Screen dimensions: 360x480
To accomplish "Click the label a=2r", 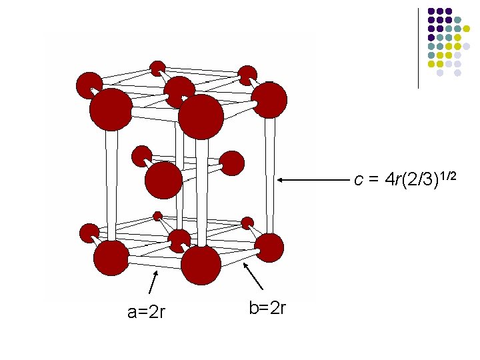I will click(147, 311).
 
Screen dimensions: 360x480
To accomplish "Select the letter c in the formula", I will click(359, 179).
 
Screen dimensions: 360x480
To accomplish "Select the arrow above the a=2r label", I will click(153, 281).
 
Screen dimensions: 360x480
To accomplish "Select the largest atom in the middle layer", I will click(163, 180).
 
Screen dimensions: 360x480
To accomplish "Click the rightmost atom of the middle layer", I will click(231, 163).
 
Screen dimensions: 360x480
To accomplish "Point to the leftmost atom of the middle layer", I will click(141, 156).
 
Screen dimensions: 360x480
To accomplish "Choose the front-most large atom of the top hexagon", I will click(201, 117).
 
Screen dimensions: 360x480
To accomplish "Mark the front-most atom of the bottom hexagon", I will click(201, 265).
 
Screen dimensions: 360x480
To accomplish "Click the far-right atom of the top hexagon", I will click(269, 100).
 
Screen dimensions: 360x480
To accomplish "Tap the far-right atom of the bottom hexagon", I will click(269, 247).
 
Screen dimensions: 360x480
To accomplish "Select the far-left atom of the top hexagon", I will click(89, 85).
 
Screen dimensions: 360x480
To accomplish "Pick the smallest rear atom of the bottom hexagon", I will click(158, 215).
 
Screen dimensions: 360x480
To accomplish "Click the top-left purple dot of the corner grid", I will click(431, 11).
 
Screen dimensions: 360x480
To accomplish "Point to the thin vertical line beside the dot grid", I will click(418, 47).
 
